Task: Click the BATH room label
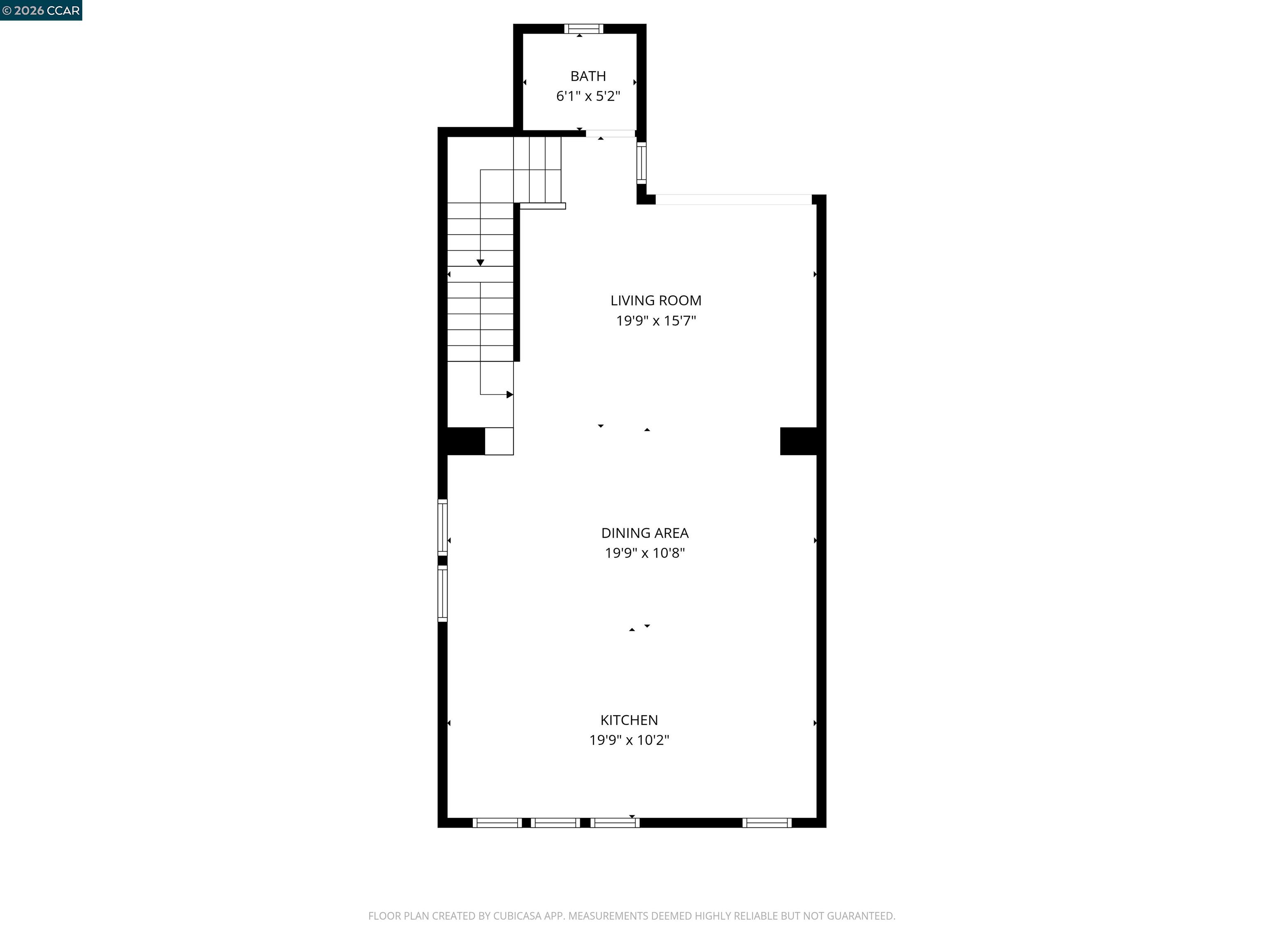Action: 588,76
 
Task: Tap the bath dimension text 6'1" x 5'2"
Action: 588,96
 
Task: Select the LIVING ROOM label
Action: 655,301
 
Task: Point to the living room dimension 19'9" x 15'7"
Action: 655,321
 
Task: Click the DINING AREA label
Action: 645,533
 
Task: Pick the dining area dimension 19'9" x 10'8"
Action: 645,553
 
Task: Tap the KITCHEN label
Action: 629,720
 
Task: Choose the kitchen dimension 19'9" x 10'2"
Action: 629,740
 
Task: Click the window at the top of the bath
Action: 583,28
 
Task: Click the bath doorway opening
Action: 610,134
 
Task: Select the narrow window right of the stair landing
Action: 641,163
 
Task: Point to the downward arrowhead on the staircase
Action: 480,262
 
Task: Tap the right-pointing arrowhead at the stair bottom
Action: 510,394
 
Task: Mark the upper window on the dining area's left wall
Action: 442,527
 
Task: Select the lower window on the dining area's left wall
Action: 442,593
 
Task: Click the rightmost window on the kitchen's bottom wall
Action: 767,823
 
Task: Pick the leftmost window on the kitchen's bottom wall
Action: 497,823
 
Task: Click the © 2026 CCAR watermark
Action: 41,10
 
